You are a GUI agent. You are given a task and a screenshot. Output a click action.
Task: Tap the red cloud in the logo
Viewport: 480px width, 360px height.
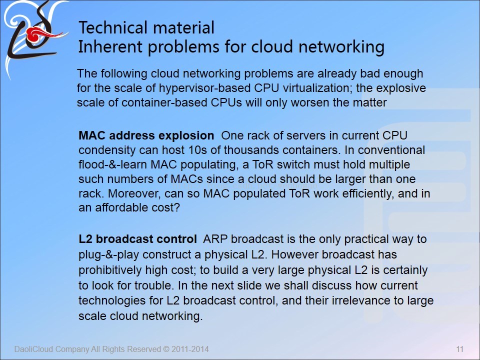point(39,34)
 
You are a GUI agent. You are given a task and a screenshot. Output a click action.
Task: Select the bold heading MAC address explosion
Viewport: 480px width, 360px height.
point(146,135)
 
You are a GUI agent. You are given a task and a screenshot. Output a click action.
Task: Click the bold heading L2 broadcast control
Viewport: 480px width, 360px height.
point(138,239)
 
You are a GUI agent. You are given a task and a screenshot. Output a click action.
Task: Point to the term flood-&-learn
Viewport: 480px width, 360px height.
point(113,164)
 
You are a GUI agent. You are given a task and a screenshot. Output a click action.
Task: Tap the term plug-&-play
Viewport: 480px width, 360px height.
point(108,255)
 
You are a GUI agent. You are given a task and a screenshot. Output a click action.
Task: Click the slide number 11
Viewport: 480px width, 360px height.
point(460,349)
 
